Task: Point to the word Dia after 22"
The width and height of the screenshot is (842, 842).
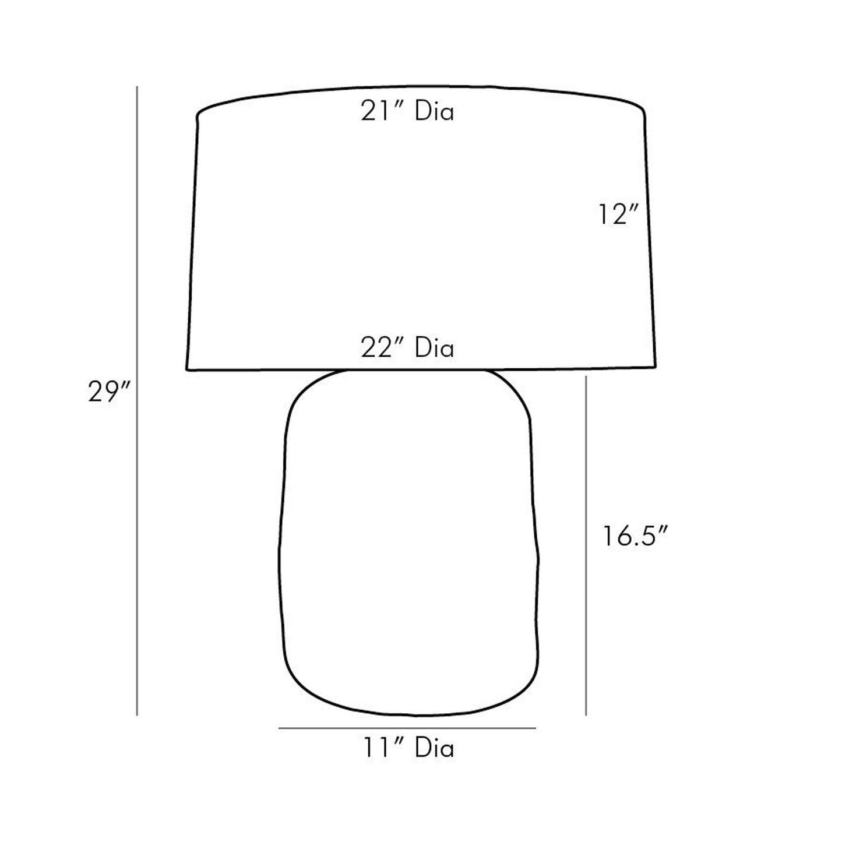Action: [434, 348]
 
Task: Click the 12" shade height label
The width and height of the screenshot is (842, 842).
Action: [615, 216]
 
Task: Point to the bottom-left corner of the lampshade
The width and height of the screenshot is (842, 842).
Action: [187, 369]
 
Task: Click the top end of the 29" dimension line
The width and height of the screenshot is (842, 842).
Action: [137, 87]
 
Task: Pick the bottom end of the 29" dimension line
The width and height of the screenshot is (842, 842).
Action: [137, 714]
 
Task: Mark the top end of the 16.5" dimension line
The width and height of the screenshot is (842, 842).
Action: [586, 377]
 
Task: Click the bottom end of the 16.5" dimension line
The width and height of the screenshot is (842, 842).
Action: [586, 714]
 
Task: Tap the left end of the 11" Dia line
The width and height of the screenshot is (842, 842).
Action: [279, 728]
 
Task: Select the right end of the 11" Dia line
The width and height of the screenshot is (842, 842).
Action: [535, 728]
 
